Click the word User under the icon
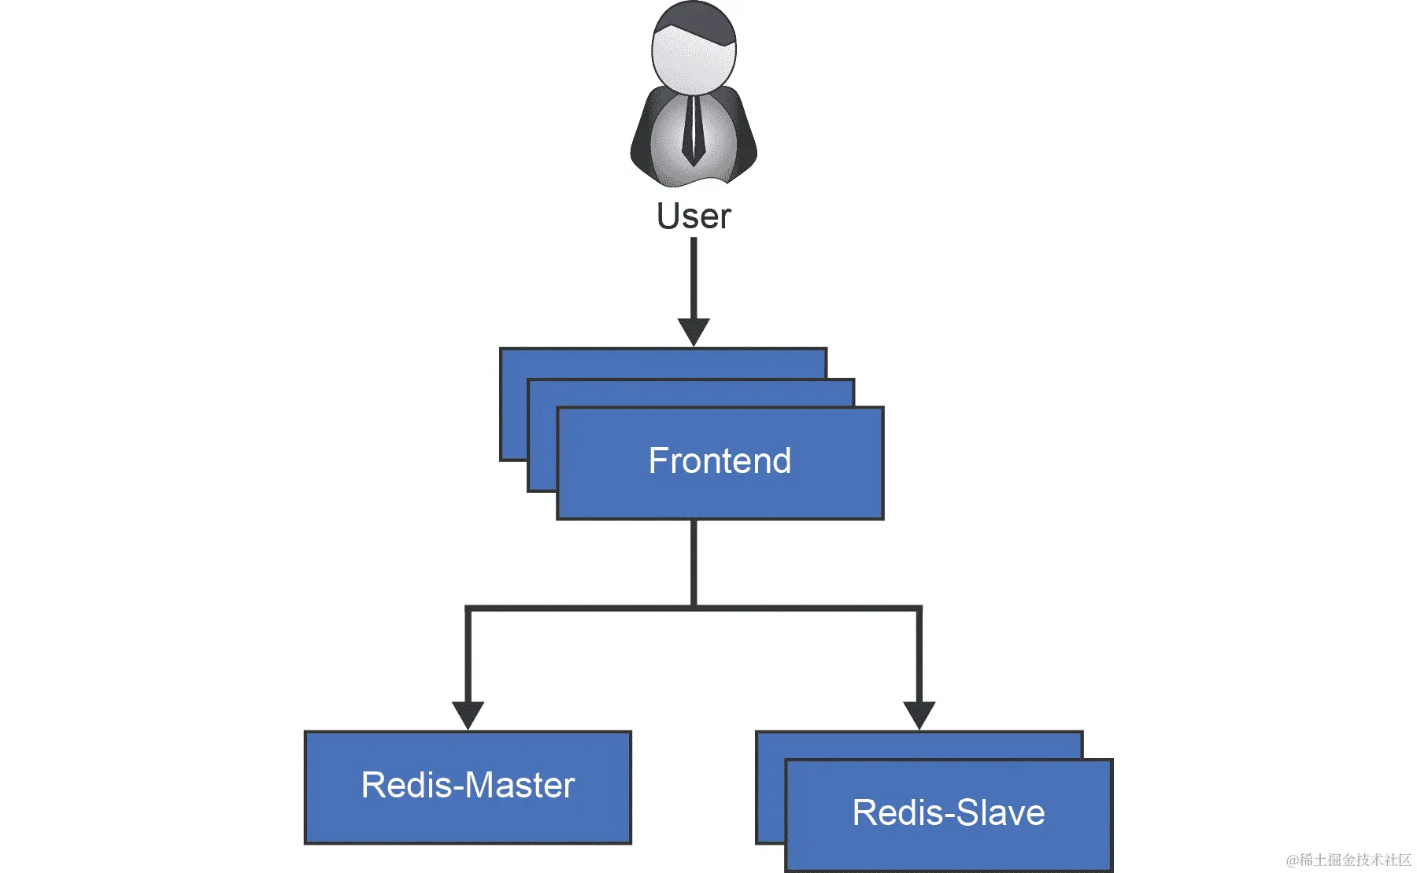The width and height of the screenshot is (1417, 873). [694, 216]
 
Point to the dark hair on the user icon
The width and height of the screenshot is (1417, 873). [701, 20]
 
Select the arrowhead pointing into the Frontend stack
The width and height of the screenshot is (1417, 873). [694, 331]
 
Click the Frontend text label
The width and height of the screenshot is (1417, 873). [720, 461]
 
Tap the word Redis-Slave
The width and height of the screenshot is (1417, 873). [949, 813]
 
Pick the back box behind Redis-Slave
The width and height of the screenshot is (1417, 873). [913, 745]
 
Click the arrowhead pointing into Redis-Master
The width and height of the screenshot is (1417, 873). [468, 714]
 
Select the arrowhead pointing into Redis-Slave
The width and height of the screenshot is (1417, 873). [919, 714]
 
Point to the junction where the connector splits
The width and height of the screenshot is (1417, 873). [694, 608]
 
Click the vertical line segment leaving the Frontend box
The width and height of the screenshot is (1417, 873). [694, 563]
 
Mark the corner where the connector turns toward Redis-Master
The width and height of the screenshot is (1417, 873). [468, 609]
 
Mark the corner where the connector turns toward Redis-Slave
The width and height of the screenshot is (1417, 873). [919, 609]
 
